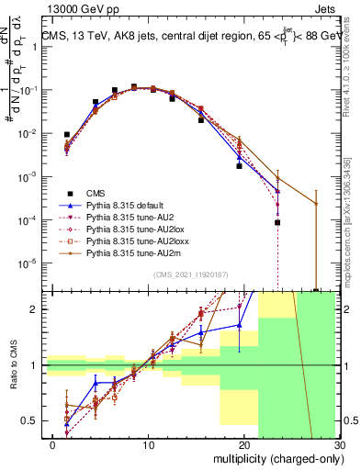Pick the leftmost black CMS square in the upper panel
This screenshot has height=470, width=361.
click(67, 134)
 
